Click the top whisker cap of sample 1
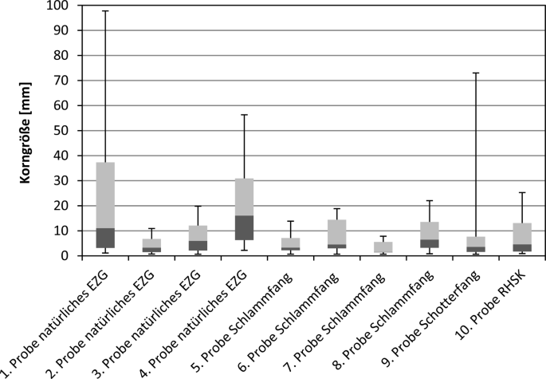pos(105,11)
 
